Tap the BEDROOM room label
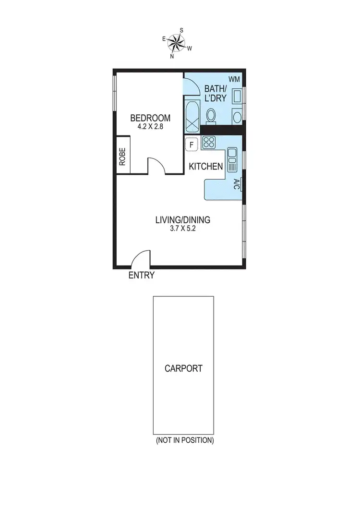tap(151, 118)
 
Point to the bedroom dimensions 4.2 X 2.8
tap(151, 126)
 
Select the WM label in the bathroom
tap(234, 79)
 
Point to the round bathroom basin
tap(237, 116)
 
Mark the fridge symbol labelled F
tap(192, 144)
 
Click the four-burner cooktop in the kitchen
tap(209, 142)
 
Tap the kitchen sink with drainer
tap(232, 159)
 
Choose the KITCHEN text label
tap(205, 167)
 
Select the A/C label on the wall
tap(237, 184)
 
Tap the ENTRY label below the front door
tap(142, 276)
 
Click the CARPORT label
tap(183, 369)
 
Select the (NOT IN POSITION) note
tap(184, 440)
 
